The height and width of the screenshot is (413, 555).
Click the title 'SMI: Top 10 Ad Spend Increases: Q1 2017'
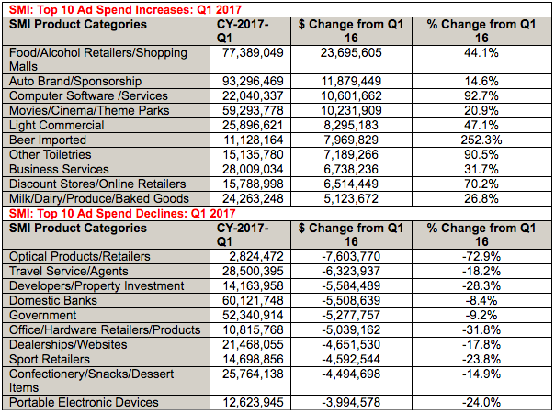[125, 9]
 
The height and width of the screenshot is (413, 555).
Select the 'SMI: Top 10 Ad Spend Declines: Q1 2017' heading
[122, 214]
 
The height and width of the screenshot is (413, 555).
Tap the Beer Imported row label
[48, 140]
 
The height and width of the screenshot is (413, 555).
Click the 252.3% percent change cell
[481, 140]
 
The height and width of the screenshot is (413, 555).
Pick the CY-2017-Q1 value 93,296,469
[253, 82]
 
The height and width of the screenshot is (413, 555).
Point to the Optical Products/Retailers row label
[80, 257]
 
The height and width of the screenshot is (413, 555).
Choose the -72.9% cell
[481, 256]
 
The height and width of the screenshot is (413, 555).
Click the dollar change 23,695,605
[351, 53]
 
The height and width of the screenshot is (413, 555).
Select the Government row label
[43, 315]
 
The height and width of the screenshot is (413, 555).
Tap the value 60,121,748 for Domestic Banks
[253, 300]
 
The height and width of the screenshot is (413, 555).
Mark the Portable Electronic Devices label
[84, 402]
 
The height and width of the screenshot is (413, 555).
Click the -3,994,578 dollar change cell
[351, 402]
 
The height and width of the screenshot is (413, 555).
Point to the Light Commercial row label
[57, 126]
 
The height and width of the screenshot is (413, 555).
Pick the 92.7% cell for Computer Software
[481, 96]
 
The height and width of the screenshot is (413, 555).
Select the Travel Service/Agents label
[69, 272]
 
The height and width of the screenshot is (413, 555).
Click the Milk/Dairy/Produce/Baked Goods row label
[99, 199]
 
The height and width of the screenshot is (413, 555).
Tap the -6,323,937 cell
[351, 272]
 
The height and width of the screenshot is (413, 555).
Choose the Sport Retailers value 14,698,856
[253, 359]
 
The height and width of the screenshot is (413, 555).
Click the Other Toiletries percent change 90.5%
[481, 155]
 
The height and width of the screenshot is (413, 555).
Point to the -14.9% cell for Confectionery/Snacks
[481, 374]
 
